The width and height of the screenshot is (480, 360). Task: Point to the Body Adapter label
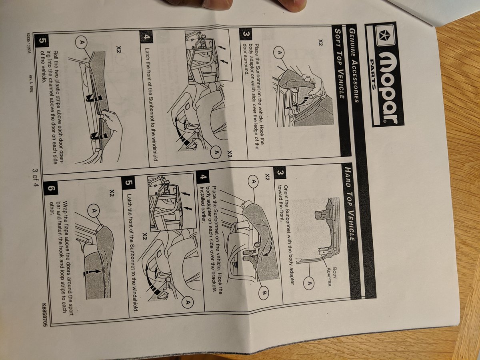(x=332, y=276)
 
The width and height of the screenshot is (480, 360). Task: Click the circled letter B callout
(x=264, y=293)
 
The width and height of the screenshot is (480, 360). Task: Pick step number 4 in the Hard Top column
(x=202, y=177)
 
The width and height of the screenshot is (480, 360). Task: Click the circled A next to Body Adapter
(x=309, y=284)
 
